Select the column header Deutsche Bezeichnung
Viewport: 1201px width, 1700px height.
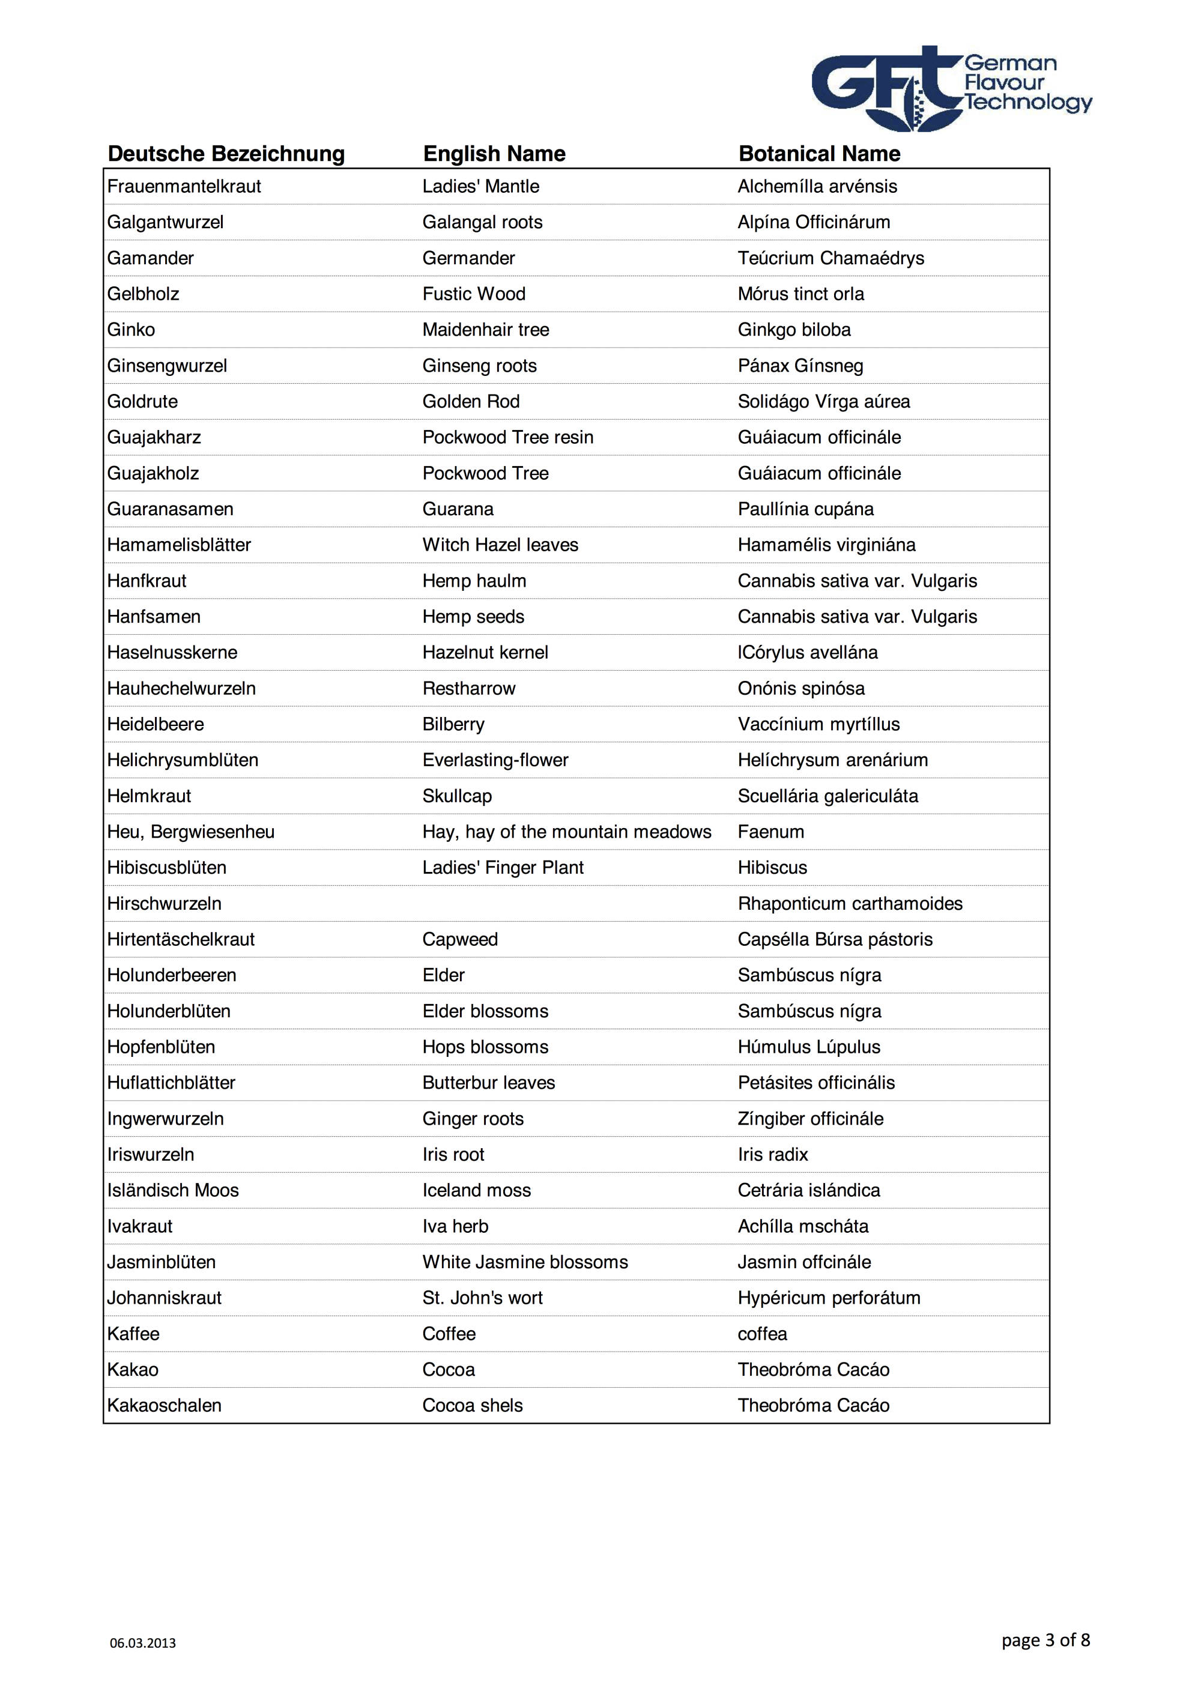coord(226,154)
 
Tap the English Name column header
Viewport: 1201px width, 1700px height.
coord(494,154)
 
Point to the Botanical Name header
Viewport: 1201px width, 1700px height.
coord(819,154)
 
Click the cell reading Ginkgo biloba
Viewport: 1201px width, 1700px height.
coord(794,330)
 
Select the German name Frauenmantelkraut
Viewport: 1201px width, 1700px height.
coord(184,187)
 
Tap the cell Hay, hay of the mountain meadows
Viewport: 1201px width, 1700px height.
coord(566,832)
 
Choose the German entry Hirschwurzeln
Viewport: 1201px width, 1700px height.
coord(164,904)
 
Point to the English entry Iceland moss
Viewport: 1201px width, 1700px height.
coord(476,1191)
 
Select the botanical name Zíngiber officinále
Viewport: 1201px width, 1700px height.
coord(810,1119)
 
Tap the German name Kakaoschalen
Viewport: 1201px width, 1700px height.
coord(164,1405)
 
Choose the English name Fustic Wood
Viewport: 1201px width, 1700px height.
coord(474,294)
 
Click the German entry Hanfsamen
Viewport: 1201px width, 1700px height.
coord(153,617)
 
